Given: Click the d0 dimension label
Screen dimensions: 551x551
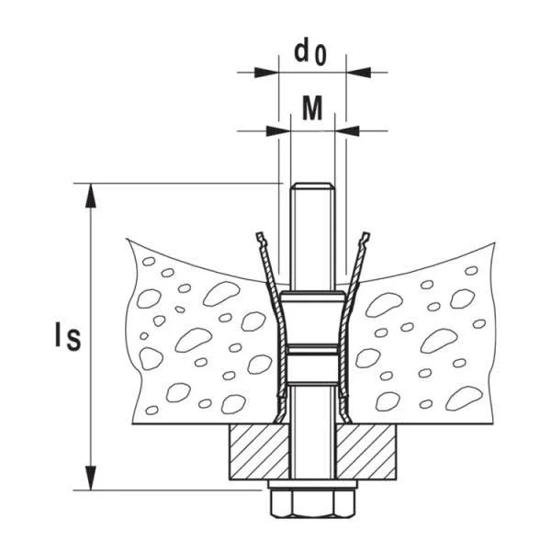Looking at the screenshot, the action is click(x=310, y=51).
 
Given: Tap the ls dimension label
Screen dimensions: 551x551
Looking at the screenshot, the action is click(x=68, y=337).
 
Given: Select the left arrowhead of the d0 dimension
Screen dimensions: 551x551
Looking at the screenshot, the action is click(x=266, y=73).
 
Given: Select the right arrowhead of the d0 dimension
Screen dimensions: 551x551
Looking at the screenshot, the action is click(x=358, y=73).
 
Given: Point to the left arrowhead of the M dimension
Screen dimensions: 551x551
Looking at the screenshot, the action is click(x=278, y=131).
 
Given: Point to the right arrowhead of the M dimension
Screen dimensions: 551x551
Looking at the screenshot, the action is click(x=347, y=131).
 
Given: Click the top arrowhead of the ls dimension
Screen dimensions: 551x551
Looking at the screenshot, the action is click(x=91, y=196).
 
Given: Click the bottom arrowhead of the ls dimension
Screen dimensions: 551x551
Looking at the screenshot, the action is click(x=91, y=478).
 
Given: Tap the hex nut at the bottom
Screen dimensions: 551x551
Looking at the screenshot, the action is click(x=313, y=503).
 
